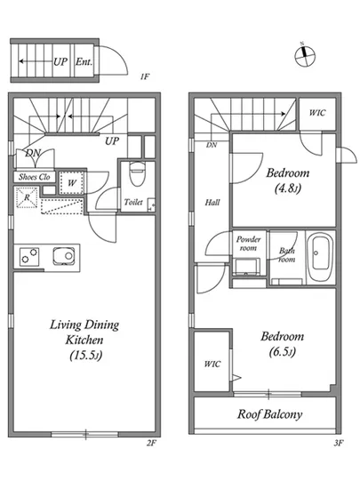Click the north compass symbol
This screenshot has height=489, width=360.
pyautogui.click(x=305, y=56)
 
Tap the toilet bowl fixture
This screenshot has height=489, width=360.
pyautogui.click(x=137, y=173)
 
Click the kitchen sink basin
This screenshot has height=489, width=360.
pyautogui.click(x=64, y=256)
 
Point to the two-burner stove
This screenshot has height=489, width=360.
pyautogui.click(x=29, y=257)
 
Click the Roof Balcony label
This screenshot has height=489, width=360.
pyautogui.click(x=269, y=414)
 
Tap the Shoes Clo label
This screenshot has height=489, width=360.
pyautogui.click(x=35, y=177)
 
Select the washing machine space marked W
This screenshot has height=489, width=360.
pyautogui.click(x=72, y=183)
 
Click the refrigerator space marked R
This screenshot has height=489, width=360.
pyautogui.click(x=27, y=197)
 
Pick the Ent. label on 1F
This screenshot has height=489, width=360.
pyautogui.click(x=84, y=61)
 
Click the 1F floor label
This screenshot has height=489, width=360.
pyautogui.click(x=145, y=76)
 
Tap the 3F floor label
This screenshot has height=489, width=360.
pyautogui.click(x=338, y=443)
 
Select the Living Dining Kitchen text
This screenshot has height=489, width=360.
pyautogui.click(x=84, y=333)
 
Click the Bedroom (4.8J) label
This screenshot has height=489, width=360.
pyautogui.click(x=288, y=180)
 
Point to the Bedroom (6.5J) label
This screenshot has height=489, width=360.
pyautogui.click(x=283, y=344)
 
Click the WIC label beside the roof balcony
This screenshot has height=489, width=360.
pyautogui.click(x=212, y=364)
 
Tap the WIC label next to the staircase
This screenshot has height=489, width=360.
pyautogui.click(x=317, y=113)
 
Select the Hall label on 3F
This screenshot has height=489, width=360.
pyautogui.click(x=212, y=203)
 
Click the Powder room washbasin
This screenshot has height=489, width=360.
pyautogui.click(x=247, y=267)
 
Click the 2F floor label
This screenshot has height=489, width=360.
pyautogui.click(x=151, y=443)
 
